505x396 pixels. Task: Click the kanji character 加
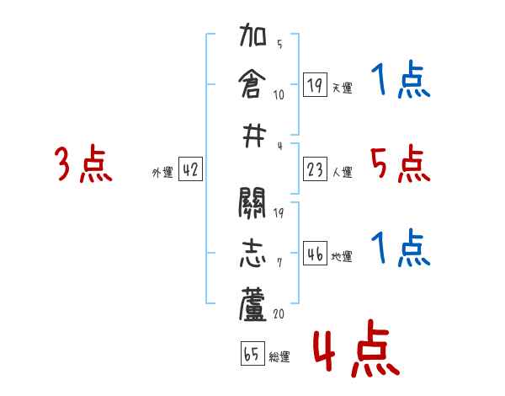tap(253, 39)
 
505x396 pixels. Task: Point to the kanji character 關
tap(253, 204)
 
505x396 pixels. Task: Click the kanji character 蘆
tap(253, 305)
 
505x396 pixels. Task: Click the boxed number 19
tap(316, 84)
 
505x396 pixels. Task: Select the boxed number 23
tap(316, 170)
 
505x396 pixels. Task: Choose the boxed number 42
tap(190, 170)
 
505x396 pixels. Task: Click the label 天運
tap(343, 88)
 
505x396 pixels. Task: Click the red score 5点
tap(401, 163)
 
